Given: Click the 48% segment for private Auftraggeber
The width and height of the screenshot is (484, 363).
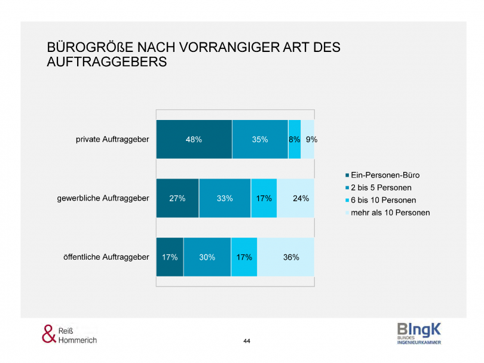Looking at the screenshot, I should pos(194,139).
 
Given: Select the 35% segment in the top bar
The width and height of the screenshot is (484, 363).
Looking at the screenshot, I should pos(260,139).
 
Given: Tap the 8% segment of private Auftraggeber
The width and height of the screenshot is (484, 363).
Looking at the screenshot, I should pos(294,139).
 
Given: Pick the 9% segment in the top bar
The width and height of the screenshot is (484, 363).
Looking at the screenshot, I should pos(308,139).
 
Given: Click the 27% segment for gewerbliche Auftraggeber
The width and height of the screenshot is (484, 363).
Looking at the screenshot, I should pos(177,198).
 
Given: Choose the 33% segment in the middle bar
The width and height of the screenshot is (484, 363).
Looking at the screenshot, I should pos(225,198).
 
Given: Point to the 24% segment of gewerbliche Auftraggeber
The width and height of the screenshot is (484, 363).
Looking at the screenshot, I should pos(296,198).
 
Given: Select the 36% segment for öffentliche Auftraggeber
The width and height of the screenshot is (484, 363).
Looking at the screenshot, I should pos(286,257).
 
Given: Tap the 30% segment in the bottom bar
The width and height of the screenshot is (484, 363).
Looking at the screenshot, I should pos(207,257).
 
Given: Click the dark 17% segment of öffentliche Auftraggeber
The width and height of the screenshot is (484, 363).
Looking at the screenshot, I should pos(170,257).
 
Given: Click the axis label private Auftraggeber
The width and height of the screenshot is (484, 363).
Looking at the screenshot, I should pos(112,139).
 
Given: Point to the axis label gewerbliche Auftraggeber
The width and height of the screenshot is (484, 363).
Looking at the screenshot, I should pos(103,198).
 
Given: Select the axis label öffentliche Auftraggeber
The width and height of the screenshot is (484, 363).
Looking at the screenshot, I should pos(106,257).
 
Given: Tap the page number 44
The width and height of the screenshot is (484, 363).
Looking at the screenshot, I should pos(247,341).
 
